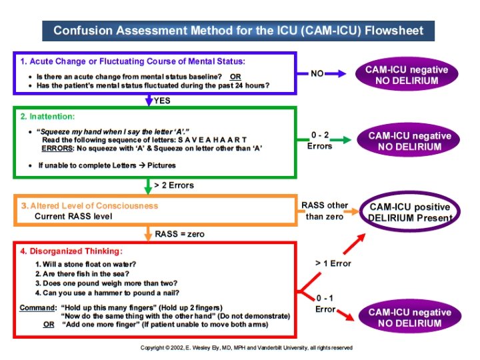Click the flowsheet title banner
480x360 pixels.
tap(238, 31)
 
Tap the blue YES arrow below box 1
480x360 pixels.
tap(149, 101)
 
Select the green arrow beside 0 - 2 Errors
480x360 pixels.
tap(341, 140)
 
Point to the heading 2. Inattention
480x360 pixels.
tap(47, 116)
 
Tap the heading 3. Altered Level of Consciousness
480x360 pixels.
tap(89, 206)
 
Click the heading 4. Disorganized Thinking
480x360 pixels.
tap(71, 251)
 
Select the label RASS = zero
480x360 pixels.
tap(179, 234)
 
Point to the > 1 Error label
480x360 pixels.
tap(333, 263)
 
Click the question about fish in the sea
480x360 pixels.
tap(82, 273)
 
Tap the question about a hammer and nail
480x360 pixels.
tap(107, 292)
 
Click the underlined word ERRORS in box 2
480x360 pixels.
tap(57, 148)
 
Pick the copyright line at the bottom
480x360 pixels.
tap(246, 347)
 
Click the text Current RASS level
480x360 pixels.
tap(73, 216)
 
